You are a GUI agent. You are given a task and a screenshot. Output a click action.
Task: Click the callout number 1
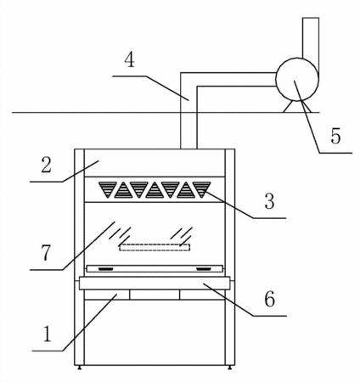click(x=47, y=334)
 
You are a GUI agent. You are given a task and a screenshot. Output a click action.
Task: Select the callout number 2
click(x=47, y=165)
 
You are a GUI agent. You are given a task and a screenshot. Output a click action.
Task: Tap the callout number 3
click(x=269, y=201)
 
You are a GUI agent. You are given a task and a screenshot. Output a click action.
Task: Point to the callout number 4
click(x=129, y=59)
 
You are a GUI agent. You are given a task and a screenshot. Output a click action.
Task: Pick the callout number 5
click(x=335, y=136)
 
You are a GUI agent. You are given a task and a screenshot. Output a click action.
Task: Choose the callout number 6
click(x=269, y=299)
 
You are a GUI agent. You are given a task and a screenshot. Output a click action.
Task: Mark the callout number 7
click(x=46, y=252)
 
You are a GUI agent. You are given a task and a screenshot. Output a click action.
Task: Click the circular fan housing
click(x=297, y=79)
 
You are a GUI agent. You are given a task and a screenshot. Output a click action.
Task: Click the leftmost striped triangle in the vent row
click(x=108, y=189)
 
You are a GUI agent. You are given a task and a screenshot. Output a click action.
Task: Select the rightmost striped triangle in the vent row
click(x=202, y=189)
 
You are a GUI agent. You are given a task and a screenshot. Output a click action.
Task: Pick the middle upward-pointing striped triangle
click(x=155, y=190)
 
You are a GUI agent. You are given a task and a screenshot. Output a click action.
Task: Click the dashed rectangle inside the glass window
click(x=155, y=247)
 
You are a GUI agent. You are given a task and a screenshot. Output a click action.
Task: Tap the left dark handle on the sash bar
click(x=105, y=268)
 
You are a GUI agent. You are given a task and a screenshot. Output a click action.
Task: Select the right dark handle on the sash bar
click(x=204, y=268)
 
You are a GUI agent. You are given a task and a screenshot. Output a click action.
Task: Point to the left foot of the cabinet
click(x=80, y=368)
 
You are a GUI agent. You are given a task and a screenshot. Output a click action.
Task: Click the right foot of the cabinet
click(x=229, y=368)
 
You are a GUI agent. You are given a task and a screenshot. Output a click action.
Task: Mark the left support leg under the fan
click(x=288, y=107)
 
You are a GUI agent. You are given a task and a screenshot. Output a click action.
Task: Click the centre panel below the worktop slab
click(x=155, y=295)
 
